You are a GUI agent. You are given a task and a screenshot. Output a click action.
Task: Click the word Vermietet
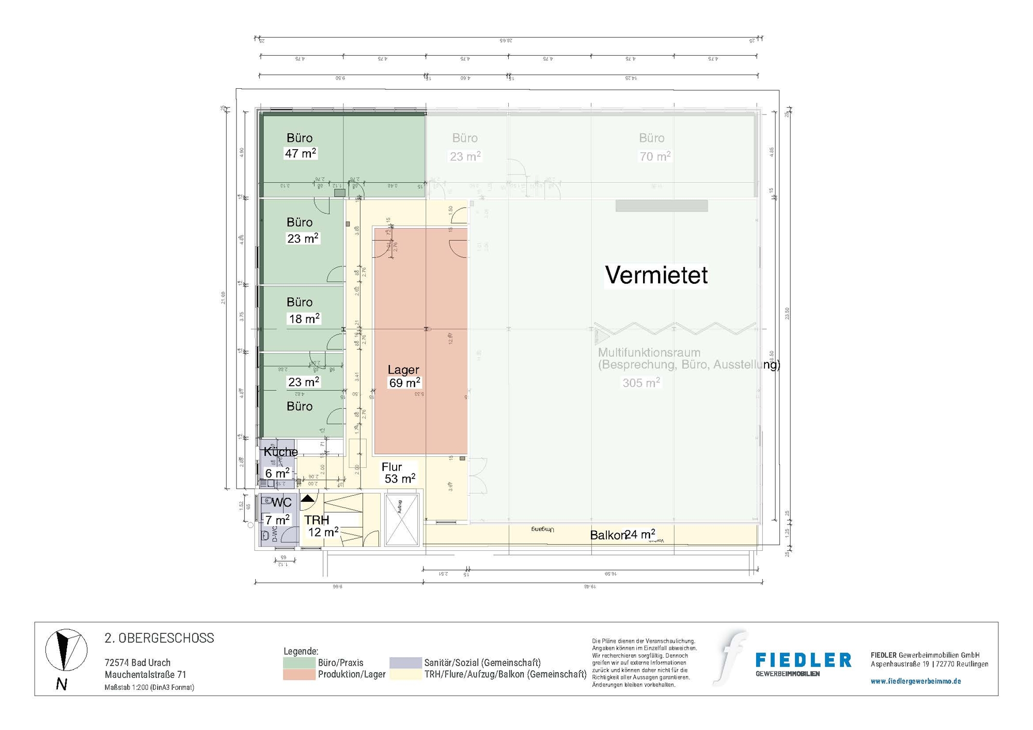pos(656,275)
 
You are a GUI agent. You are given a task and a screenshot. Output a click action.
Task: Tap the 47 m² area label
pos(300,153)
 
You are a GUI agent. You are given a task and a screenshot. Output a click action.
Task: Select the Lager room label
pos(403,370)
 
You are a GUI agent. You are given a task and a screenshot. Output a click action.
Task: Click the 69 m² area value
pos(404,383)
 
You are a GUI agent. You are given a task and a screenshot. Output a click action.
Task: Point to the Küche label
pos(280,452)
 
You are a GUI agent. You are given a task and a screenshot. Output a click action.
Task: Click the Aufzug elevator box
pos(402,519)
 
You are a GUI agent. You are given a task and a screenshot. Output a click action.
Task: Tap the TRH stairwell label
pos(317,520)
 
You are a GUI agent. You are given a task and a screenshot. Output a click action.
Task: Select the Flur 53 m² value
pos(400,479)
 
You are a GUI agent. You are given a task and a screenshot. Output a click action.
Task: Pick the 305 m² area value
pos(641,383)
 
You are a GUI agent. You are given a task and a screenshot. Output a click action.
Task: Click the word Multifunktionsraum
pos(649,353)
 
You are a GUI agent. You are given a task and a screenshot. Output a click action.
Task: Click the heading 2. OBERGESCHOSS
pos(159,638)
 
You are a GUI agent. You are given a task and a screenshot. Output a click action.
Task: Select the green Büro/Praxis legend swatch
pos(299,662)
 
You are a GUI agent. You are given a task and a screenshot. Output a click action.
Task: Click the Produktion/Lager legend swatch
pos(299,674)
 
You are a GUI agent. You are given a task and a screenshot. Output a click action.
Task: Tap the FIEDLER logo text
pos(803,660)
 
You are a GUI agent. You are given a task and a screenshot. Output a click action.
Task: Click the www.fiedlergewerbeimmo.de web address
pos(916,681)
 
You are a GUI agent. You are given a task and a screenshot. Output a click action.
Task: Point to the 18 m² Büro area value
pos(304,319)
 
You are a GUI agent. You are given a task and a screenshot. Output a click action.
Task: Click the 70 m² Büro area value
pos(655,156)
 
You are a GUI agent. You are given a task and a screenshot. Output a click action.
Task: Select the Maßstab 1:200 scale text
pos(149,688)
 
